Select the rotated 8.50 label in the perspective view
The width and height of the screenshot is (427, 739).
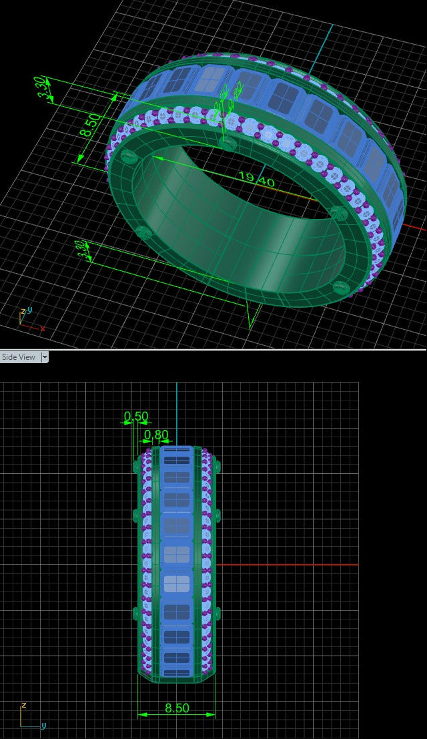tap(91, 124)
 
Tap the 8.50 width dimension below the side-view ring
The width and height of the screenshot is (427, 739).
tap(176, 708)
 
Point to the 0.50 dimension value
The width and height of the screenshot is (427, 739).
tap(136, 417)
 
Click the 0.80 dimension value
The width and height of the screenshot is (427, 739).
tap(157, 435)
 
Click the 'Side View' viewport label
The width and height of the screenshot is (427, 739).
tap(19, 357)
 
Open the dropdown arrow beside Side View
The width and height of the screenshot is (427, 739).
tap(45, 357)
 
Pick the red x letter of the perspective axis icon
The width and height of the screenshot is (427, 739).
tap(42, 328)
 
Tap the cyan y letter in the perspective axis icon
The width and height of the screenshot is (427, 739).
tap(29, 310)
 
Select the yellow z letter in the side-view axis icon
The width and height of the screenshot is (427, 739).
tap(23, 705)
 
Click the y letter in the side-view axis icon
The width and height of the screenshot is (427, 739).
tap(43, 725)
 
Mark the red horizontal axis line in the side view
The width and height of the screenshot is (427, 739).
tap(287, 565)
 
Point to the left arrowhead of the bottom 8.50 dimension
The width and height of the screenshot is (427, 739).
tap(141, 715)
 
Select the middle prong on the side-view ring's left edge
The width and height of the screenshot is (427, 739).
tap(137, 515)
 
